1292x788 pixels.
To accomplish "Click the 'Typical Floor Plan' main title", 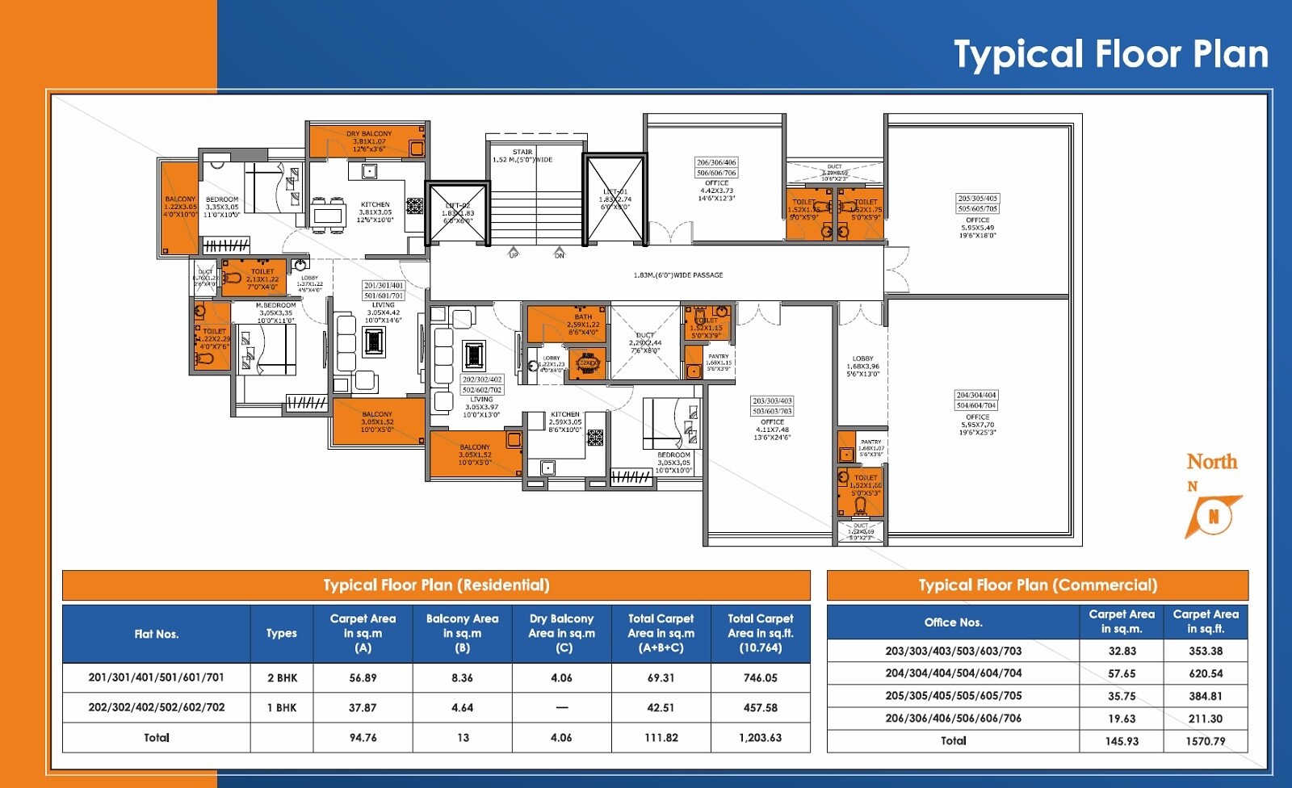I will tap(1111, 55).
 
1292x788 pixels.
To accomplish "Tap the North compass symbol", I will tap(1212, 515).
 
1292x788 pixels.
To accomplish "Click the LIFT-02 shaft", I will tap(459, 214).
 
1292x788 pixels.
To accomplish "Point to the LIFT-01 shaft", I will tap(615, 199).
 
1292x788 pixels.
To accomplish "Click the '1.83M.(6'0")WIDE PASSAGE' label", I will tap(677, 275).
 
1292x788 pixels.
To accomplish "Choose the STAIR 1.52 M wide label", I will tap(522, 156).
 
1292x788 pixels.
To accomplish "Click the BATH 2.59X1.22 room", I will tap(582, 324).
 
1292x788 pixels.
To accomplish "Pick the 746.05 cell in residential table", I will tap(760, 678).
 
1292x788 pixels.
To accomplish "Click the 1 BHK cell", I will tap(282, 708).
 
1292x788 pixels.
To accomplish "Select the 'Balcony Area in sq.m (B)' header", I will tap(462, 633).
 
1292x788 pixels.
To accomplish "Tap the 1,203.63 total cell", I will tap(760, 738).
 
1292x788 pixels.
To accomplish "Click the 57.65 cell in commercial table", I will tap(1122, 673).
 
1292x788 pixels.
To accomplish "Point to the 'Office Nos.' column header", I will tap(953, 622).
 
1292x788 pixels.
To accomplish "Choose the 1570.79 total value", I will tap(1205, 741).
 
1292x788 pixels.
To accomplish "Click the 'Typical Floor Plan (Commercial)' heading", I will tap(1037, 585).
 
